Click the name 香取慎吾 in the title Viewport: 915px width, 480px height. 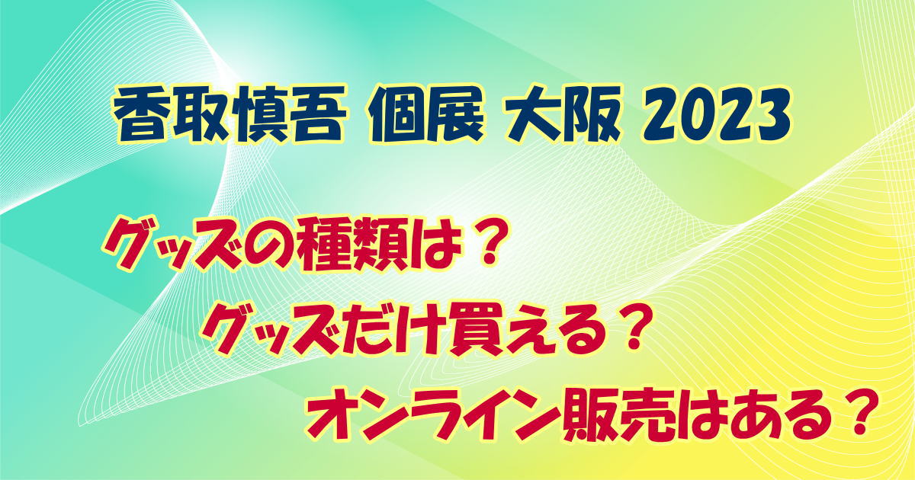[x=227, y=114]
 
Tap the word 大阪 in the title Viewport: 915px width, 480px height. [x=563, y=114]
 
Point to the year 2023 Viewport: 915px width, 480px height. [x=717, y=114]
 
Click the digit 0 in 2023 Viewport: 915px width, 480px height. [x=698, y=114]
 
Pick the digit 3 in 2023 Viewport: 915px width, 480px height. [x=772, y=114]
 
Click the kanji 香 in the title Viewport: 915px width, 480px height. [x=141, y=114]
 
